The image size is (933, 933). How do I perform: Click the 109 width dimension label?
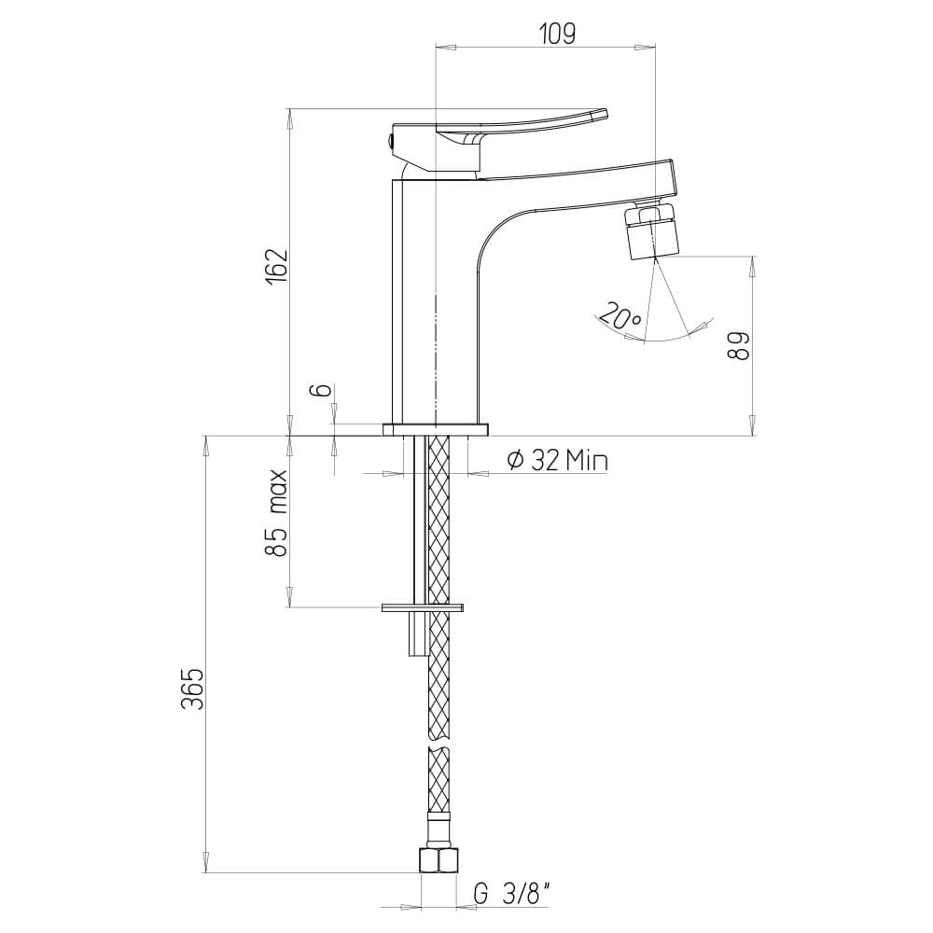click(x=557, y=34)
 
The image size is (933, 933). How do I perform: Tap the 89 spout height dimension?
click(x=738, y=345)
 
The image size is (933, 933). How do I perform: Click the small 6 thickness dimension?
click(x=322, y=390)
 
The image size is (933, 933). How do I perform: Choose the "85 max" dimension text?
click(x=277, y=512)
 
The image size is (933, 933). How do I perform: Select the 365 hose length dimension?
click(x=193, y=689)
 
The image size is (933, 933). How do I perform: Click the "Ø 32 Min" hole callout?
click(x=557, y=460)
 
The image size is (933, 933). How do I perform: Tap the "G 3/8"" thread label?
click(x=512, y=895)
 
